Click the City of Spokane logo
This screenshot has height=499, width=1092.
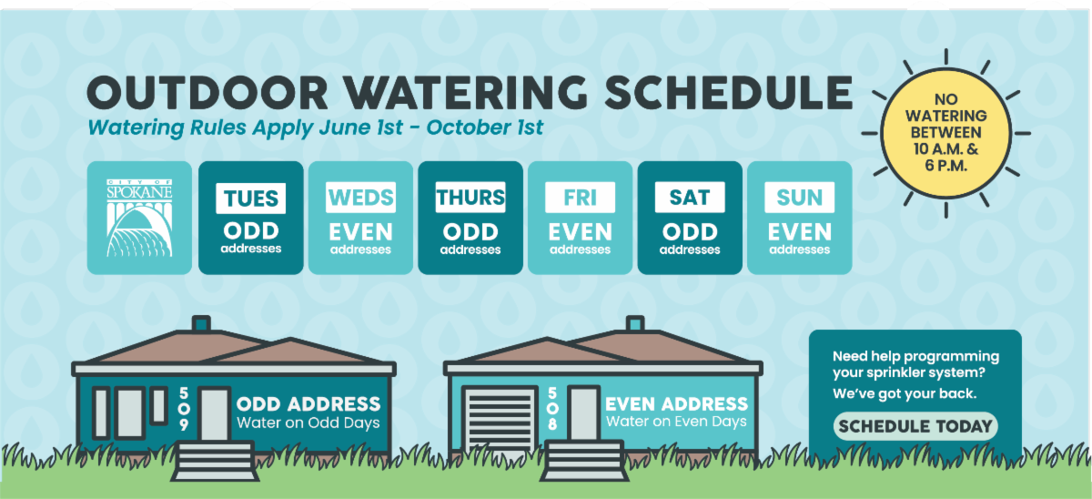click(139, 218)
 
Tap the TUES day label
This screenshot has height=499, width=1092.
click(250, 198)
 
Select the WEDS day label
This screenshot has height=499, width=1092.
click(360, 197)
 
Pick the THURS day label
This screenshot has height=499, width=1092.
click(470, 197)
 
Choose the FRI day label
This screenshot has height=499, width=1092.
click(581, 197)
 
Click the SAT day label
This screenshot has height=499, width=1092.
click(690, 197)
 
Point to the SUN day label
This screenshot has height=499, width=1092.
click(800, 197)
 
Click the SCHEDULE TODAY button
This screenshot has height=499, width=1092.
click(915, 426)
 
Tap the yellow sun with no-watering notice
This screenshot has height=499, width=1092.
click(945, 133)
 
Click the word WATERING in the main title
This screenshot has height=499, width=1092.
click(466, 93)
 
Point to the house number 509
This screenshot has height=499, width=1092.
click(184, 409)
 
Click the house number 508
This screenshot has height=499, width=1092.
click(552, 409)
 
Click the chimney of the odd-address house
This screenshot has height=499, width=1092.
click(201, 323)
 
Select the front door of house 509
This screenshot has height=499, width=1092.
click(215, 414)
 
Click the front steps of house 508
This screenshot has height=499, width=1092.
click(584, 461)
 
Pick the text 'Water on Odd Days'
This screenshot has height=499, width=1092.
click(308, 423)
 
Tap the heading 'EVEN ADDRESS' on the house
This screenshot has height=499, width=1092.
click(677, 404)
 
